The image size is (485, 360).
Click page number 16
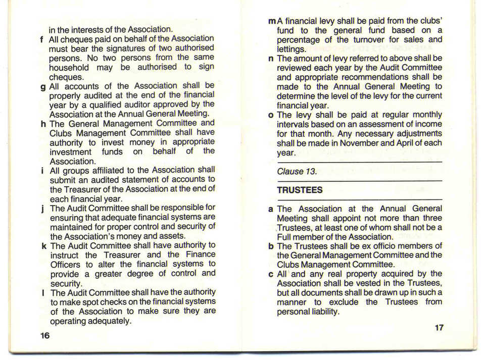click(x=45, y=335)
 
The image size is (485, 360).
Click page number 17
click(x=439, y=328)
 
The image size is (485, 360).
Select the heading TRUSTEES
click(x=300, y=190)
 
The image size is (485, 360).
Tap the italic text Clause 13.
click(x=297, y=171)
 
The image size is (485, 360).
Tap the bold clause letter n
click(x=270, y=59)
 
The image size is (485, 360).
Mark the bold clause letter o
click(x=271, y=115)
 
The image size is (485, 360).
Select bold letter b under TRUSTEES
click(x=271, y=246)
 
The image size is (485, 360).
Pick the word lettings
click(x=291, y=49)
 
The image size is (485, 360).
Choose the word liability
click(x=322, y=312)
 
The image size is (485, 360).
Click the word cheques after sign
click(x=66, y=77)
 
